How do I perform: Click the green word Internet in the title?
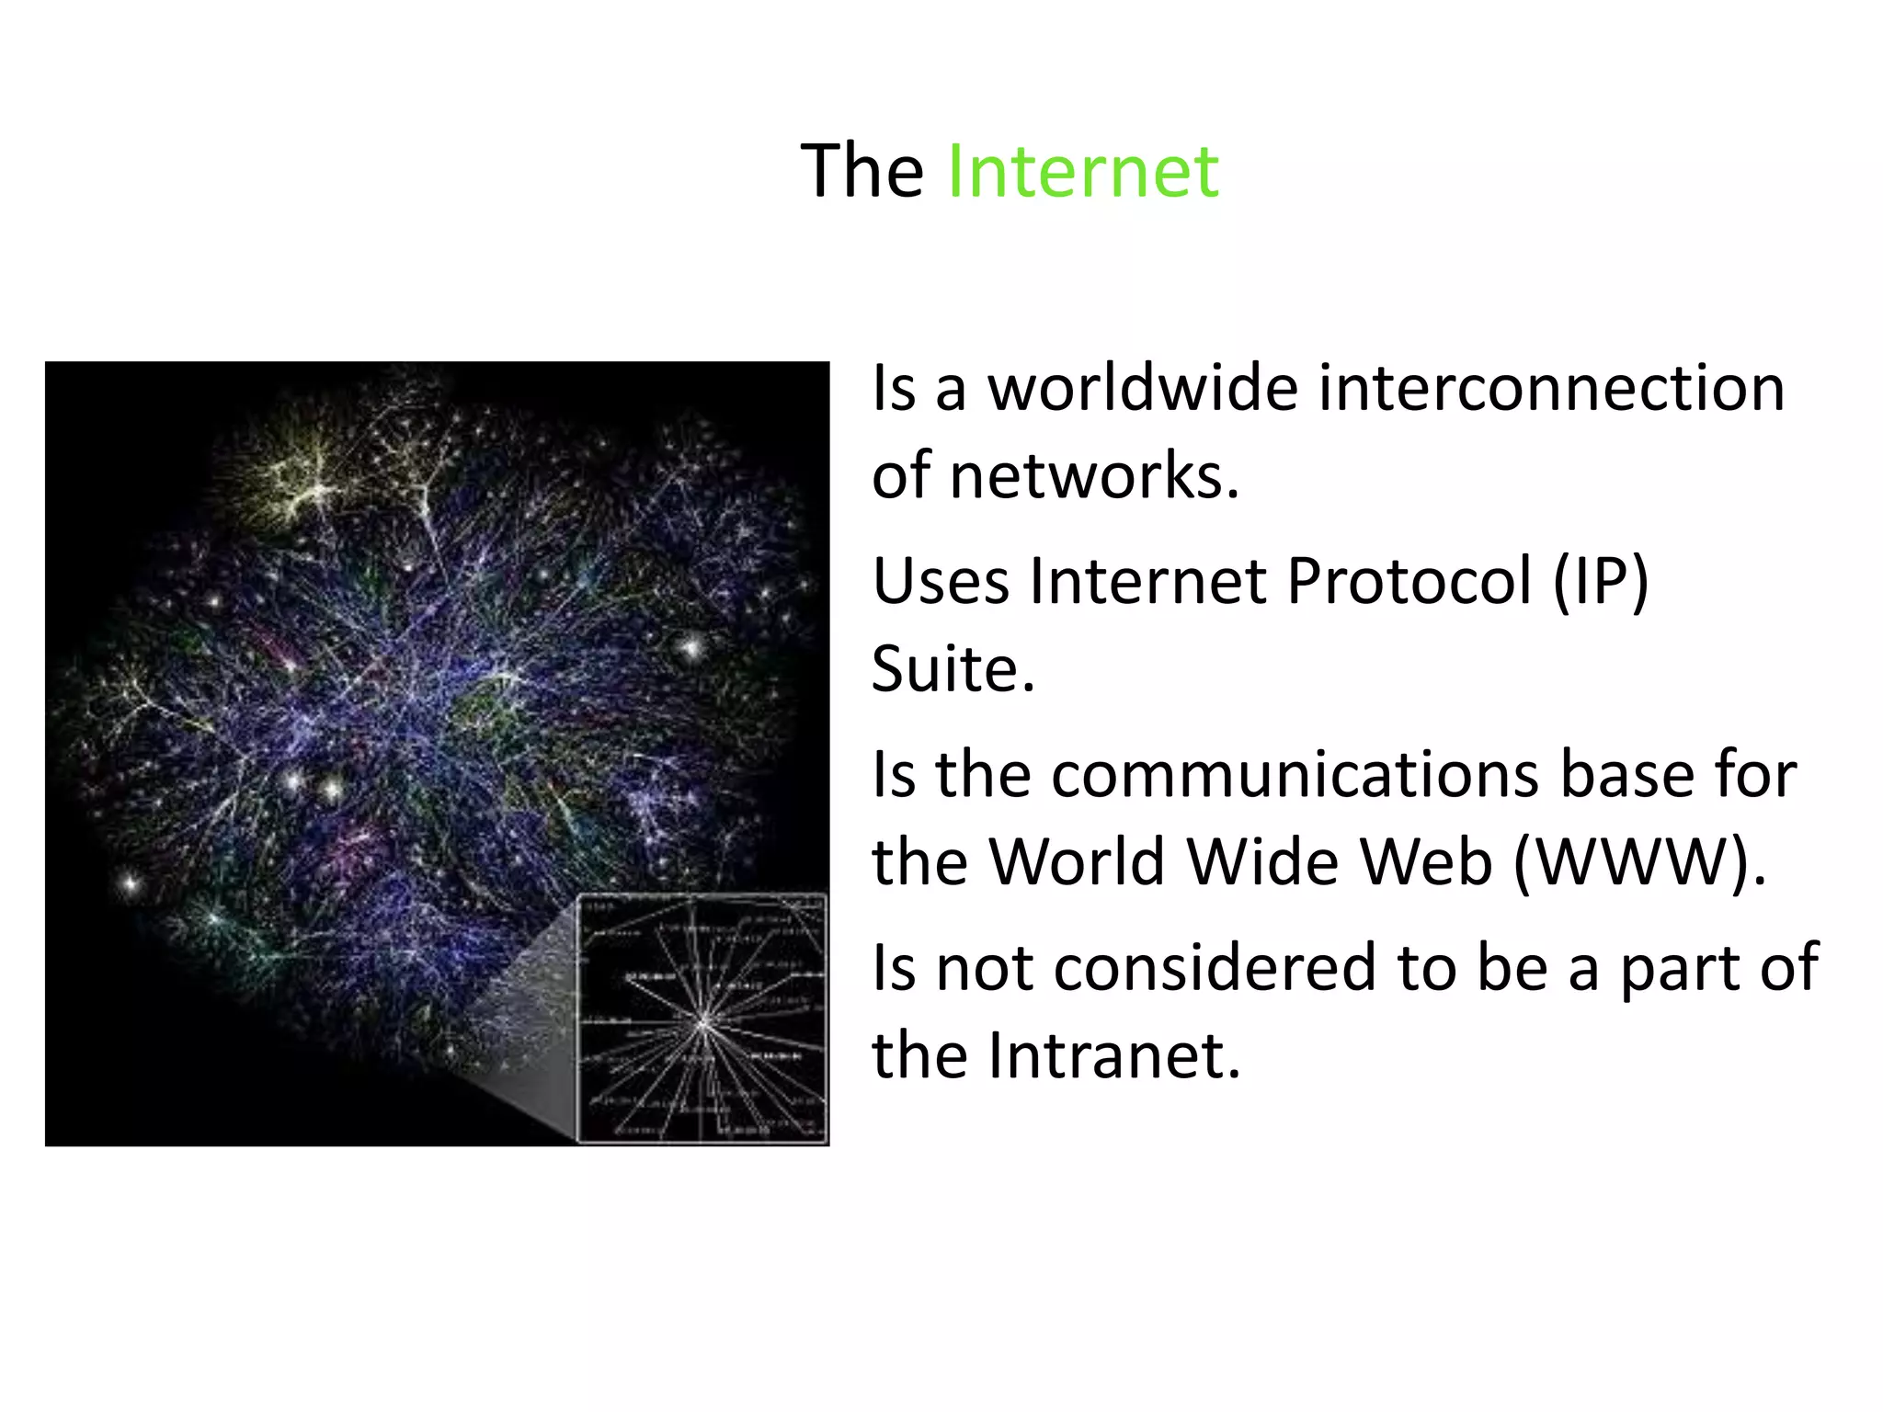tap(1082, 171)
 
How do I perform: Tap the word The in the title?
tap(862, 171)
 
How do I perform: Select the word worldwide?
tap(1143, 388)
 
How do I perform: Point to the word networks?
tap(1094, 476)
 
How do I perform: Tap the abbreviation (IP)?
tap(1601, 581)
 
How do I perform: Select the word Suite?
tap(953, 668)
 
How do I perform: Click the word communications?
tap(1295, 774)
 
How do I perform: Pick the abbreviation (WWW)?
tap(1638, 862)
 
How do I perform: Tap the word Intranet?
tap(1114, 1055)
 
